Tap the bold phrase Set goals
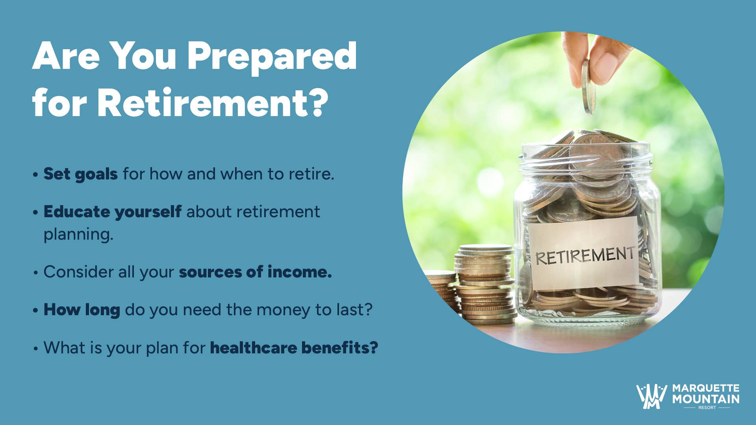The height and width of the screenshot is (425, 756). (80, 174)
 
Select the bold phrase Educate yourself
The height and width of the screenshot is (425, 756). (112, 212)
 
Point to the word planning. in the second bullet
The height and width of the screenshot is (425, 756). (78, 235)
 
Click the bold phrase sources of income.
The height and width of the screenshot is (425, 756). (255, 272)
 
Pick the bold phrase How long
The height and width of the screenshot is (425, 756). (82, 310)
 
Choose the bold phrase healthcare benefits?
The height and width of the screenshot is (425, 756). (294, 347)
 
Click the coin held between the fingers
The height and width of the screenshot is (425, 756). (588, 87)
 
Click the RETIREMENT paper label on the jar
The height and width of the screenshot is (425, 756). (584, 253)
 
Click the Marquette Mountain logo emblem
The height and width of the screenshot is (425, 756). (652, 397)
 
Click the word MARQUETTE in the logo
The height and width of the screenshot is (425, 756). (706, 389)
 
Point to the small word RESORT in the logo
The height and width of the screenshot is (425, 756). (707, 408)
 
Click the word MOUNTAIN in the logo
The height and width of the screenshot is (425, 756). (706, 399)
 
